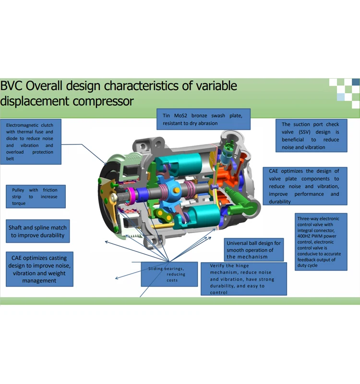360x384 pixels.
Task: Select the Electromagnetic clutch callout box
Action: [30, 142]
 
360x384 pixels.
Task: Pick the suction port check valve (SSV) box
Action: [310, 135]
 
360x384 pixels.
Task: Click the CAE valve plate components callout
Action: [303, 186]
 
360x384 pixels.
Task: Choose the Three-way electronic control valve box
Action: [318, 242]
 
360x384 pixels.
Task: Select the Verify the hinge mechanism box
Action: [243, 279]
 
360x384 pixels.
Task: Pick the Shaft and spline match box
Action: [37, 231]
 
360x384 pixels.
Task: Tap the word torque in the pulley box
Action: [19, 204]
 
